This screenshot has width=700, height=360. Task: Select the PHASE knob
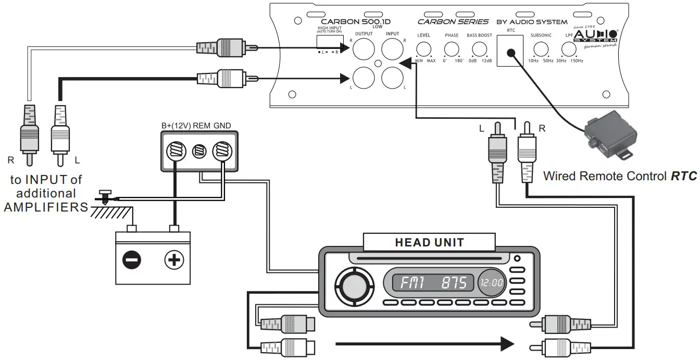click(x=451, y=49)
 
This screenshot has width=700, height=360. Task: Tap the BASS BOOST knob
click(x=479, y=49)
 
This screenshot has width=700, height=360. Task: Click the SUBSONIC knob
click(x=542, y=49)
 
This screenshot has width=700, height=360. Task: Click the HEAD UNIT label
click(x=429, y=242)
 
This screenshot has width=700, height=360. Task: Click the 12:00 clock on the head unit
click(x=491, y=283)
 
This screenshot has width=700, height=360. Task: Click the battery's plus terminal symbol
click(x=174, y=259)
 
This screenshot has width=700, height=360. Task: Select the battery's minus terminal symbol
click(x=131, y=259)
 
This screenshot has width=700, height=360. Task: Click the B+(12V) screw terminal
click(x=174, y=152)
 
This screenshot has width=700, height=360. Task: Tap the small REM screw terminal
click(x=198, y=152)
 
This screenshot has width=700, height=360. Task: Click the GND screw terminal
click(x=223, y=152)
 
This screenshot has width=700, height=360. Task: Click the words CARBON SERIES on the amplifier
click(x=453, y=22)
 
